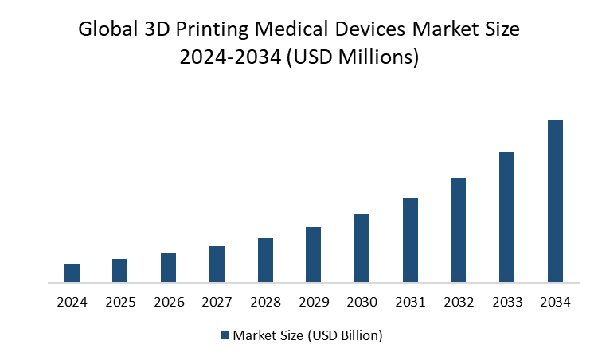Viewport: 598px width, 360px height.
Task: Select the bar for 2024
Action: coord(72,272)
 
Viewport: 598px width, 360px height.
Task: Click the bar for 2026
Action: coord(168,268)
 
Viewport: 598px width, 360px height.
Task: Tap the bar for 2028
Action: coord(265,260)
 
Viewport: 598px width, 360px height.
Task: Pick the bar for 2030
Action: coord(362,248)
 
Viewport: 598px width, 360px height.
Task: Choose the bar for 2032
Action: coord(458,229)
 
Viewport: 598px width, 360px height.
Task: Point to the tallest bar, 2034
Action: coord(555,201)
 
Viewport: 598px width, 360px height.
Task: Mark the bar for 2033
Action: coord(506,217)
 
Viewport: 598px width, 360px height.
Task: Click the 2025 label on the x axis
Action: coord(119,303)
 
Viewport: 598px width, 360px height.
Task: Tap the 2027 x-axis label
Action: coord(217,303)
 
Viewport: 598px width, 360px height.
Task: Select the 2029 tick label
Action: coord(313,303)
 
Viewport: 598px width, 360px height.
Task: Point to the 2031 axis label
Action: coord(410,303)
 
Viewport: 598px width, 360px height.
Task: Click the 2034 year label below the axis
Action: coord(555,303)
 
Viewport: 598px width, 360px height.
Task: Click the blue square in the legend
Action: coord(225,335)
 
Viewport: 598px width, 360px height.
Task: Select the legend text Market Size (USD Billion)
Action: coord(307,335)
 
